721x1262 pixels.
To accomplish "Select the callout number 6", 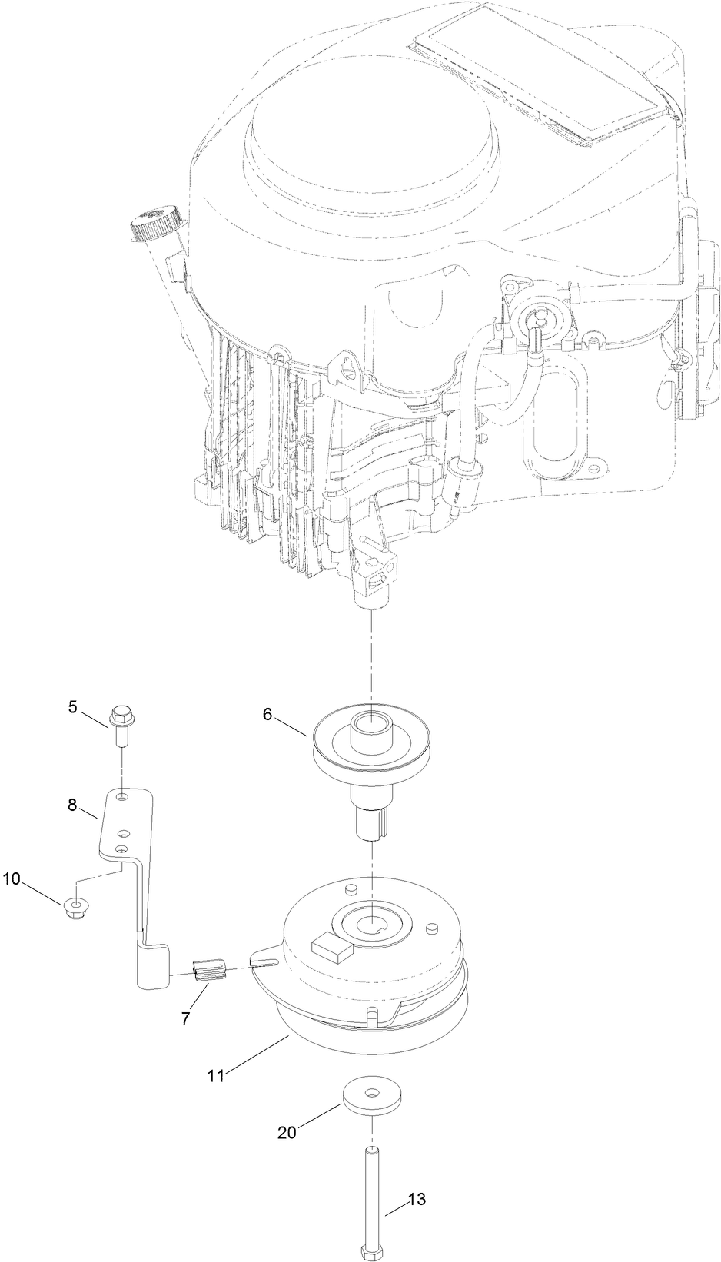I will coord(267,714).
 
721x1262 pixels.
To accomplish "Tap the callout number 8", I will coord(73,805).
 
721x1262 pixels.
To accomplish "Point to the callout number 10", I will coord(12,878).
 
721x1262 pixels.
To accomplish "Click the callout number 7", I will coord(185,1018).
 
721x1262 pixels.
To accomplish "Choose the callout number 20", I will coord(287,1132).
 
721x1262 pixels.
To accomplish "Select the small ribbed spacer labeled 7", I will coord(210,971).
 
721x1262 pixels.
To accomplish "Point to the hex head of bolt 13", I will coord(372,1249).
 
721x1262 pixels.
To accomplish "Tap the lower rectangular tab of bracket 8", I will coord(153,967).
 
